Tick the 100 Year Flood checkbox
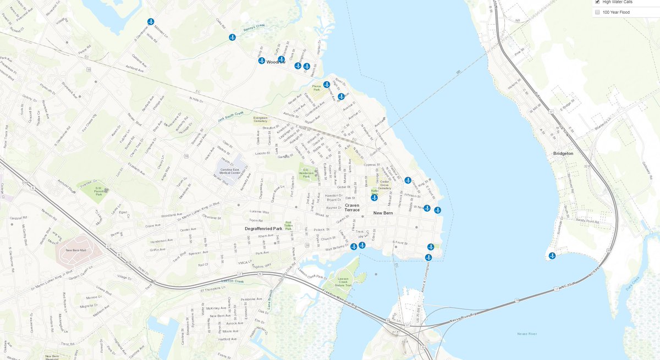click(598, 12)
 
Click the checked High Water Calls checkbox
click(598, 2)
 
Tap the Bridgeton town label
click(563, 153)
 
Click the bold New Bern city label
click(385, 213)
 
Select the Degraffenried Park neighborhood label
click(263, 228)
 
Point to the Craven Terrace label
click(352, 207)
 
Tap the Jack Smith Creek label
click(232, 114)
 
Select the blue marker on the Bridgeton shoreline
click(552, 256)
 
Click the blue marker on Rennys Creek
click(232, 37)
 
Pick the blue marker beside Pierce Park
click(326, 85)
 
